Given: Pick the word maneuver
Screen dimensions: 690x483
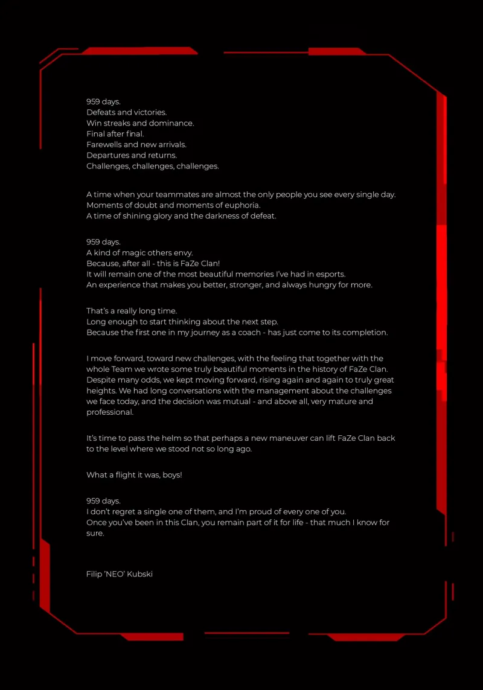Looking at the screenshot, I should [x=286, y=438].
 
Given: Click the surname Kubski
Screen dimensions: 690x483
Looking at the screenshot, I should [x=139, y=574].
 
